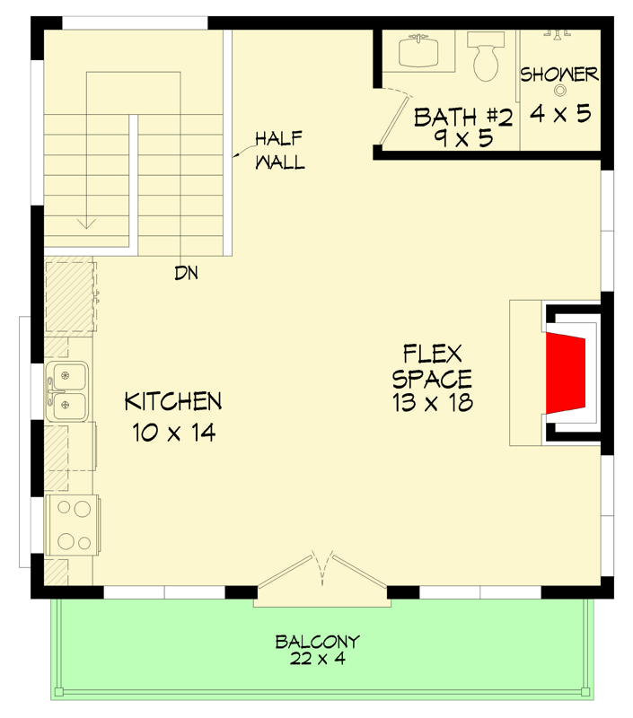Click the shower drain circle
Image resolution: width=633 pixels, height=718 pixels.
[561, 90]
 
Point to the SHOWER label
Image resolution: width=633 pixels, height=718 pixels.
[558, 74]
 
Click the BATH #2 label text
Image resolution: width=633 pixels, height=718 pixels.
[463, 117]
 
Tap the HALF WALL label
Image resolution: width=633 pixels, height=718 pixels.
[279, 150]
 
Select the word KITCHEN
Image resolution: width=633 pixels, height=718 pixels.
[172, 400]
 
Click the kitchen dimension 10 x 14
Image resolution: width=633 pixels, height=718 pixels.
[173, 433]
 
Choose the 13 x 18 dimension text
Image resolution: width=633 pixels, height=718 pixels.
[432, 404]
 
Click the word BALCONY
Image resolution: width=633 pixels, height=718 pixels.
[317, 642]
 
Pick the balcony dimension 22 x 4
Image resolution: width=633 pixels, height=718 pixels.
[316, 660]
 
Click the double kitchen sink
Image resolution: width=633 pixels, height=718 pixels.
[68, 391]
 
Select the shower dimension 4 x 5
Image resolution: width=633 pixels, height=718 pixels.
[559, 114]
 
